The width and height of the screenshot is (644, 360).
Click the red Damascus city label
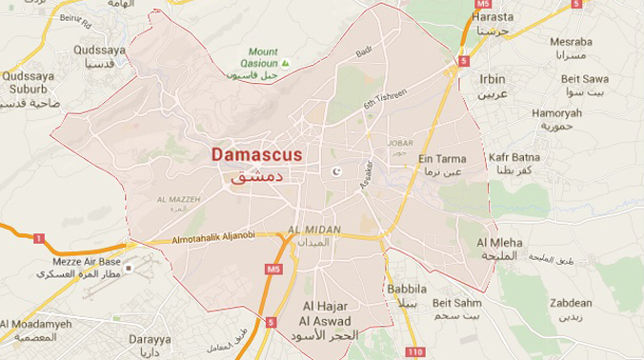[x=256, y=153]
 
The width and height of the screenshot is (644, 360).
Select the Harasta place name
[x=492, y=16]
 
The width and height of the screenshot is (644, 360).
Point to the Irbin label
[x=493, y=78]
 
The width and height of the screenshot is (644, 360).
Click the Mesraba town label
[x=571, y=42]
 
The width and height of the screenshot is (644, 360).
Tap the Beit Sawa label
[x=584, y=78]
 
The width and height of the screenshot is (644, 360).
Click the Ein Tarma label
[x=442, y=159]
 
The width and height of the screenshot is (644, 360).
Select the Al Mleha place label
[x=499, y=243]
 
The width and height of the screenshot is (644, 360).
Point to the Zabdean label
[x=571, y=303]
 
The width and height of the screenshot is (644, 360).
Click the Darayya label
[x=151, y=339]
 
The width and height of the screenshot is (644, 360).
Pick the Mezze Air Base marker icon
[x=127, y=268]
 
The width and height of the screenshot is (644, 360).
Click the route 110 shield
[x=414, y=352]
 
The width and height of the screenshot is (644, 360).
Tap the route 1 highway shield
[x=39, y=237]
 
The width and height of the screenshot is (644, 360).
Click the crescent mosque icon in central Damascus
[x=334, y=172]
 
